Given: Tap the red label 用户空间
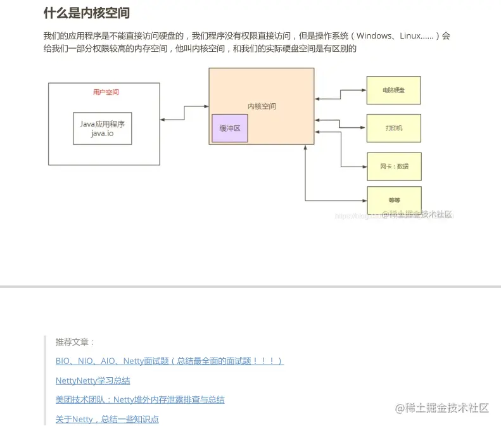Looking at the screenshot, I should (x=106, y=92).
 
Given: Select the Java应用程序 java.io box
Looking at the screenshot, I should (x=103, y=128).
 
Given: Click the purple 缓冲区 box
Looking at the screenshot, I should (x=230, y=128).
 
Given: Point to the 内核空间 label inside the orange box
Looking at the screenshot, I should (x=262, y=106).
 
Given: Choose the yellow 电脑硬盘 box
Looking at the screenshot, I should (x=393, y=90).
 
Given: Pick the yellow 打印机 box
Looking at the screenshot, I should (x=393, y=128).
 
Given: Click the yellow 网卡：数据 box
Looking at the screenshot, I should (x=394, y=166).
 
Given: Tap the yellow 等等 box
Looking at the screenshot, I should (x=394, y=200).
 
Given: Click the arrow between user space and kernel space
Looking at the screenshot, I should (x=184, y=113).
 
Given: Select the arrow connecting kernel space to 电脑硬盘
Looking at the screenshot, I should (x=341, y=94).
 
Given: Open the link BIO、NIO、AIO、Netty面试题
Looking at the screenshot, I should (x=169, y=361).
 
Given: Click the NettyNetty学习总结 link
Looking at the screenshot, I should (x=92, y=380).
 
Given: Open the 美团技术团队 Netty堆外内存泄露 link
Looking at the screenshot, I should (x=139, y=399).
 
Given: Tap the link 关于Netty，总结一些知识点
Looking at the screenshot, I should (x=107, y=419).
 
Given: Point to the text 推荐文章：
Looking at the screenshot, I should (x=75, y=342).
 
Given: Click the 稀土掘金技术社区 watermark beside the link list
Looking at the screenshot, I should (x=442, y=408).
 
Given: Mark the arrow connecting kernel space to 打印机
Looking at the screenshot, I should (x=341, y=123).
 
